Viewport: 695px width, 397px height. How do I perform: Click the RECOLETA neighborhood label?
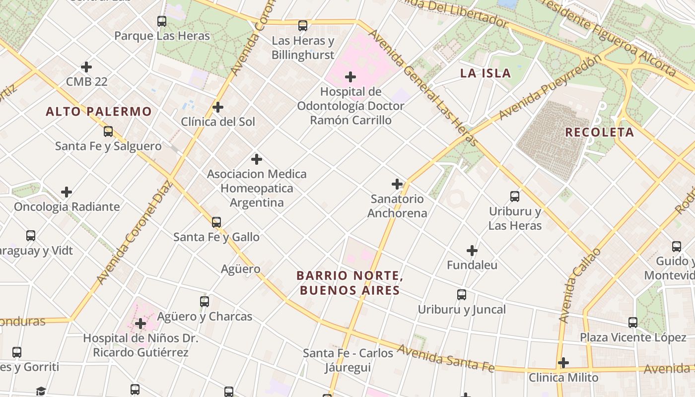click(x=600, y=132)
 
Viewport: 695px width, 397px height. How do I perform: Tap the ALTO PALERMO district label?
click(x=98, y=112)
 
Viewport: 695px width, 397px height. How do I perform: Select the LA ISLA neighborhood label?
click(x=485, y=73)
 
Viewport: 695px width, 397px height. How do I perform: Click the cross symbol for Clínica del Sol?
click(x=217, y=107)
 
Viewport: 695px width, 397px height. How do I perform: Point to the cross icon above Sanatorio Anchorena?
click(x=397, y=184)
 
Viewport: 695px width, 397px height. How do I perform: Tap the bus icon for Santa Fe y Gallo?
click(x=216, y=222)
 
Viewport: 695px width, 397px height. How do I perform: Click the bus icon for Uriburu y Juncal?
click(x=462, y=295)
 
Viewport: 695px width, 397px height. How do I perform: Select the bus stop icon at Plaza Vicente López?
click(x=633, y=323)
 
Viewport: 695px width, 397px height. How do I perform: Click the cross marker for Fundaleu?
click(x=472, y=251)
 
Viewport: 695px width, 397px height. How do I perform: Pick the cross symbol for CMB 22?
click(x=86, y=66)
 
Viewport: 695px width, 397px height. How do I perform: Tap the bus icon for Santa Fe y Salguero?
click(x=108, y=132)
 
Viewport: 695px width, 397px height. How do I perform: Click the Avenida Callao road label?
click(x=579, y=286)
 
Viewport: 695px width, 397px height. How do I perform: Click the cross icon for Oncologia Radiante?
click(x=67, y=192)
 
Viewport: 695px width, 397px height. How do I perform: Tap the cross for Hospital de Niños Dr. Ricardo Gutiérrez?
click(x=140, y=324)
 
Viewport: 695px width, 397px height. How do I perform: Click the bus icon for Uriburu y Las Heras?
click(x=515, y=197)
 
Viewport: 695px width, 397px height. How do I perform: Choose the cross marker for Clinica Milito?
click(x=563, y=363)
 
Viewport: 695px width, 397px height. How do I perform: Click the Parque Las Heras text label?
click(x=162, y=36)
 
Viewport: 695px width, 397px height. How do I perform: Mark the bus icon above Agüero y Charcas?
click(x=205, y=301)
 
